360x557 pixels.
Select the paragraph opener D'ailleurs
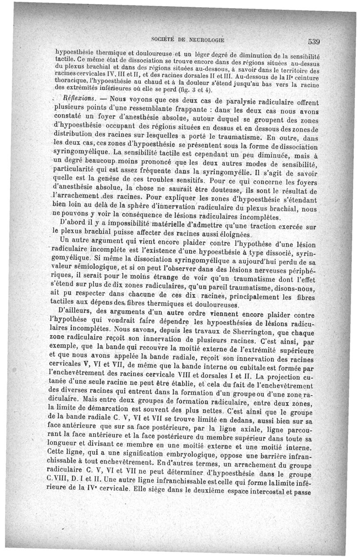76,310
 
